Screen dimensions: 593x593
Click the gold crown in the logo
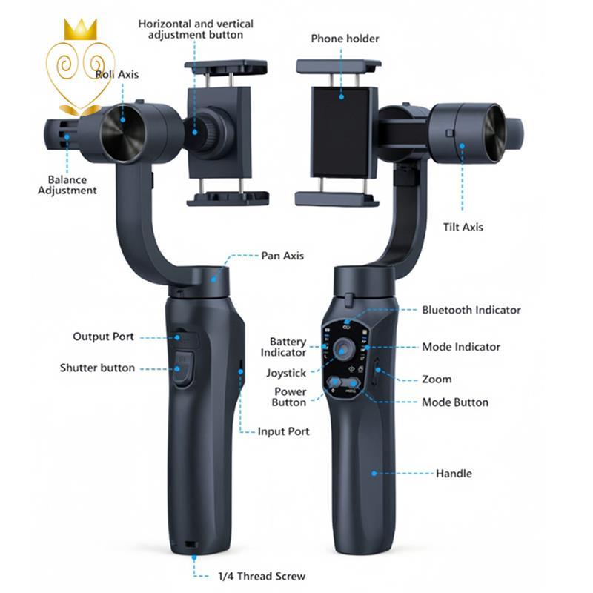click(x=80, y=30)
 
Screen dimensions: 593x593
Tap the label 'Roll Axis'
click(x=117, y=74)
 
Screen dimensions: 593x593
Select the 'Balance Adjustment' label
click(x=67, y=185)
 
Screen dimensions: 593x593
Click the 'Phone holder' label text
click(x=345, y=39)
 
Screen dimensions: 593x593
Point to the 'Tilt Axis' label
click(x=463, y=227)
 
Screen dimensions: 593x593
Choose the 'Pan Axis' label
click(x=282, y=256)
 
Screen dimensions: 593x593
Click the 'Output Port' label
click(x=103, y=337)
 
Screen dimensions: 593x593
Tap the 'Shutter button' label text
click(x=97, y=368)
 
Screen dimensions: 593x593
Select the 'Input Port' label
click(x=283, y=431)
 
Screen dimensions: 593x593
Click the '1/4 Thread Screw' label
click(x=262, y=576)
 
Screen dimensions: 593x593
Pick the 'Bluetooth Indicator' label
click(x=471, y=310)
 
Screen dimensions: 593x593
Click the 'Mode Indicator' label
click(x=461, y=347)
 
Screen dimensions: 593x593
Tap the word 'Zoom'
click(x=437, y=380)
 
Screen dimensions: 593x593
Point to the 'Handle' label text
click(x=454, y=474)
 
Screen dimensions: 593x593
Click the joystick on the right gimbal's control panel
click(x=343, y=348)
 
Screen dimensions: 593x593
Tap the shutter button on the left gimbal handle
click(x=183, y=368)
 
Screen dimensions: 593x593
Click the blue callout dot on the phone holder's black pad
click(x=342, y=97)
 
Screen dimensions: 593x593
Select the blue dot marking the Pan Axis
click(x=213, y=279)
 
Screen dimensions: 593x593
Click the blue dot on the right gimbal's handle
click(x=374, y=473)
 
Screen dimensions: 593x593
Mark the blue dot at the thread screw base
click(x=194, y=557)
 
